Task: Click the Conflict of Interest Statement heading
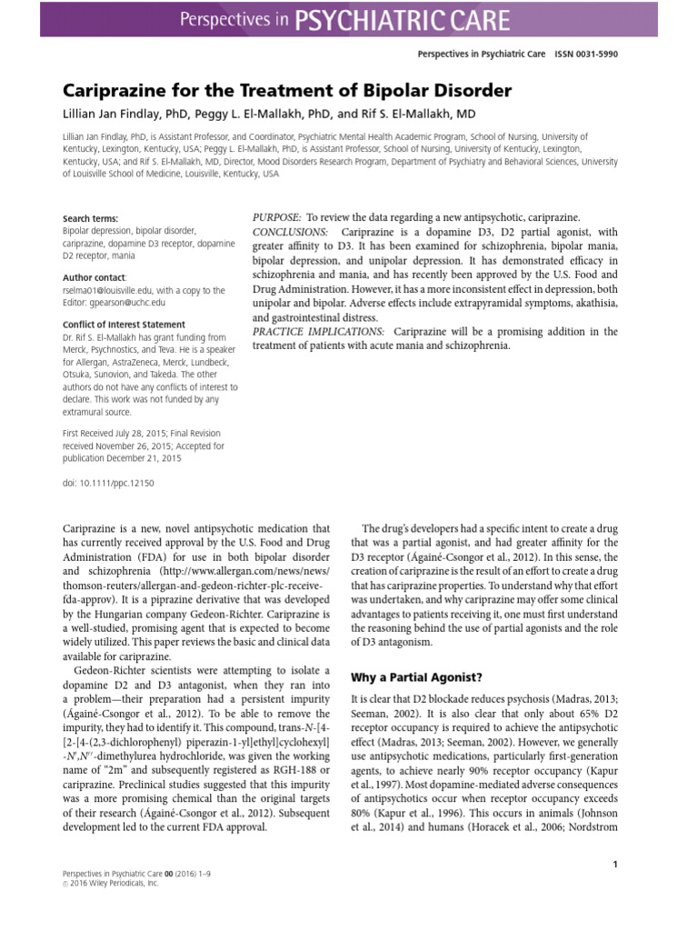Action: coord(124,325)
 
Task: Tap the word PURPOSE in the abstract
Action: coord(276,219)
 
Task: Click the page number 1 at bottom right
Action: coord(615,865)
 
